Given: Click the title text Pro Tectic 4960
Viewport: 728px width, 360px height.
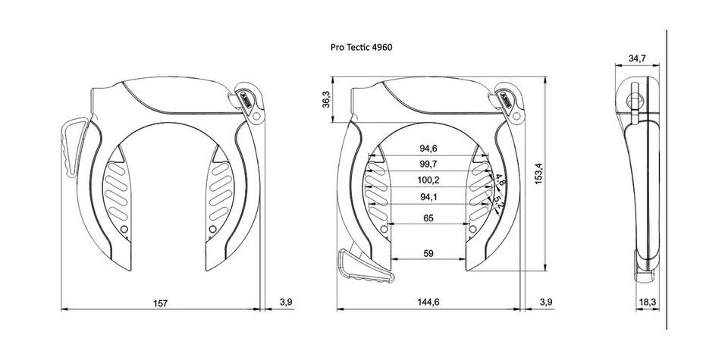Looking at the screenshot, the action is click(x=361, y=47).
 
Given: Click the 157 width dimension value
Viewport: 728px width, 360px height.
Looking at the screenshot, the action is click(x=160, y=303).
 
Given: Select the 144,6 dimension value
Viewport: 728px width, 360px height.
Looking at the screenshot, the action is click(x=428, y=302).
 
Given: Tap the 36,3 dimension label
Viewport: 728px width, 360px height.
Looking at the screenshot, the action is click(x=326, y=100).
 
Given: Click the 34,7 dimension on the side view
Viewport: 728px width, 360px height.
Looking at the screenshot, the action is click(x=637, y=58).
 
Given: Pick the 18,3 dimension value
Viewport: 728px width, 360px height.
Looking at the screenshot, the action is click(x=647, y=302).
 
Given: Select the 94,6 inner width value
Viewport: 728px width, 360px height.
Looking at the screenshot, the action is click(x=428, y=149).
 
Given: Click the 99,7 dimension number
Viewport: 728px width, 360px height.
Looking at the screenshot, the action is click(x=428, y=164).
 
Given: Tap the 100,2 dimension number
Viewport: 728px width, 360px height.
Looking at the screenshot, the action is click(x=428, y=180).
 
